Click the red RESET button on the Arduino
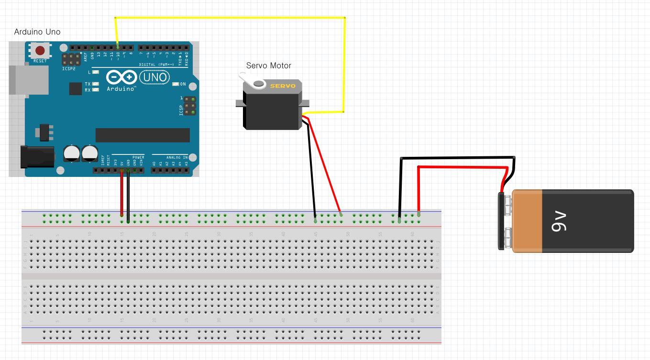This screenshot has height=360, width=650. (40, 50)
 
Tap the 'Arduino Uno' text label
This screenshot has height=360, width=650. (37, 32)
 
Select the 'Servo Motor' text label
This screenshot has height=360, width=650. (268, 65)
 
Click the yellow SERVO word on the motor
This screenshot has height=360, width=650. (283, 86)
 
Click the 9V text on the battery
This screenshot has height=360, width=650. (559, 221)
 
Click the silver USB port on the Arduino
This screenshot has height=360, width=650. (29, 79)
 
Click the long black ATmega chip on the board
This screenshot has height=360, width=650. (143, 135)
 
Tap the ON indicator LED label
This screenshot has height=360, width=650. (183, 84)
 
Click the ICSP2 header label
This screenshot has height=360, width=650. (68, 69)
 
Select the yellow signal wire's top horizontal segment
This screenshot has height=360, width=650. (230, 18)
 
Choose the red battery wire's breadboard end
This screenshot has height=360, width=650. (419, 213)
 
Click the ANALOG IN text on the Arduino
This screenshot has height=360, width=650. (176, 157)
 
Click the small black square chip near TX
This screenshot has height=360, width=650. (75, 88)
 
